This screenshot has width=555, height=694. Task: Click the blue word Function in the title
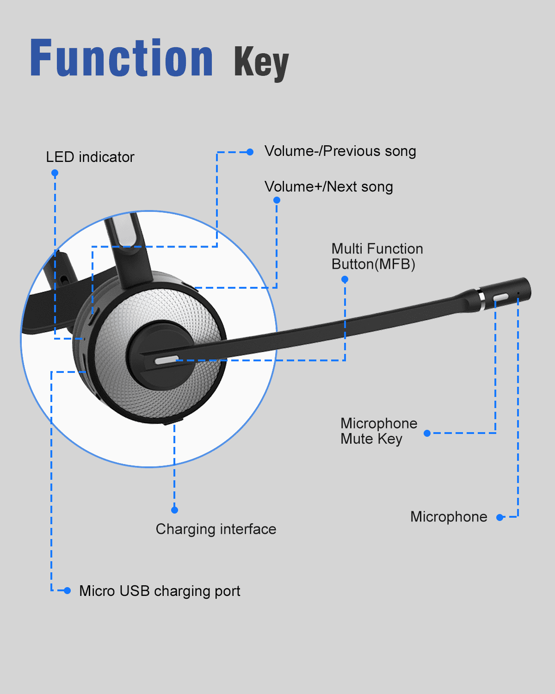pos(122,57)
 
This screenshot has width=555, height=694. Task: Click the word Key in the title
pos(261,63)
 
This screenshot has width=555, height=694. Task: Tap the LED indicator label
pos(90,157)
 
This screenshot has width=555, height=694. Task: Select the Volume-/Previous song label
pos(340,151)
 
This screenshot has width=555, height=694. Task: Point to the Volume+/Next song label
pos(329,187)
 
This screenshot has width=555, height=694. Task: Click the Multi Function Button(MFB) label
pos(377,256)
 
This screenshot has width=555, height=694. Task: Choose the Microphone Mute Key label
pos(379,431)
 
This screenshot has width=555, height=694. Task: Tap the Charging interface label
pos(216,529)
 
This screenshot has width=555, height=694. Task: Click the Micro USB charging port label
pos(160,591)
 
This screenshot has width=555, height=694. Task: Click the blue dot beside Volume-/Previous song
pos(250,152)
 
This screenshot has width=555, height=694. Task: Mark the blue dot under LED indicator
pos(55,173)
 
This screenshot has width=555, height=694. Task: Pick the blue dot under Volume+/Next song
pos(277,200)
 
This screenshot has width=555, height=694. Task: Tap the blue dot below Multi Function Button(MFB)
pos(345,279)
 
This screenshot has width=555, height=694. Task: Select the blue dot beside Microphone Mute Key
pos(427,433)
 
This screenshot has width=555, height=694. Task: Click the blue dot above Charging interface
pos(174,510)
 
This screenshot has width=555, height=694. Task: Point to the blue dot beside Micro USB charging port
pos(67,590)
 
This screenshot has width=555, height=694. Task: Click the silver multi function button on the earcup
pos(166,360)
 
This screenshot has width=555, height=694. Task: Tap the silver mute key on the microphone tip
pos(501,297)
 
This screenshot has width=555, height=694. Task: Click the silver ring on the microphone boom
pos(482,300)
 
